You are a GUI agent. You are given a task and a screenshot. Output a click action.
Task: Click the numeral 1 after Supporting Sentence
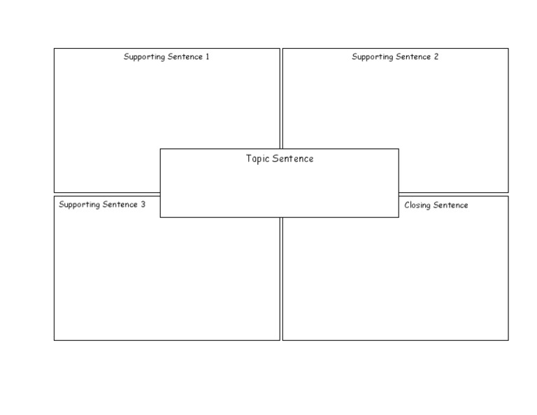pos(207,57)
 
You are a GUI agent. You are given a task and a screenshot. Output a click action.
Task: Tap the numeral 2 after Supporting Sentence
pos(436,57)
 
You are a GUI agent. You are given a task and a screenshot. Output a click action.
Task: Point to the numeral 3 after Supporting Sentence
pos(143,205)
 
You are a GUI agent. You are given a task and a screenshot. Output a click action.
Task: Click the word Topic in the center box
pos(257,159)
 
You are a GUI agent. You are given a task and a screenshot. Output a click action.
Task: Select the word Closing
pos(417,205)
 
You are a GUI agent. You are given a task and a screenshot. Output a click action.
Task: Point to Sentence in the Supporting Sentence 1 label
pos(185,57)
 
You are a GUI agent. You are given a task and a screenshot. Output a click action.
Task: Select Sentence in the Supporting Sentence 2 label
pos(413,57)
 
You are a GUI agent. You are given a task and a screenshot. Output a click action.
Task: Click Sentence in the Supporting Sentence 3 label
pos(120,205)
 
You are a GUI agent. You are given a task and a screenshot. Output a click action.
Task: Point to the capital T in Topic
pos(249,159)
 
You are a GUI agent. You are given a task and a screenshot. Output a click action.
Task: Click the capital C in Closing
pos(407,205)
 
